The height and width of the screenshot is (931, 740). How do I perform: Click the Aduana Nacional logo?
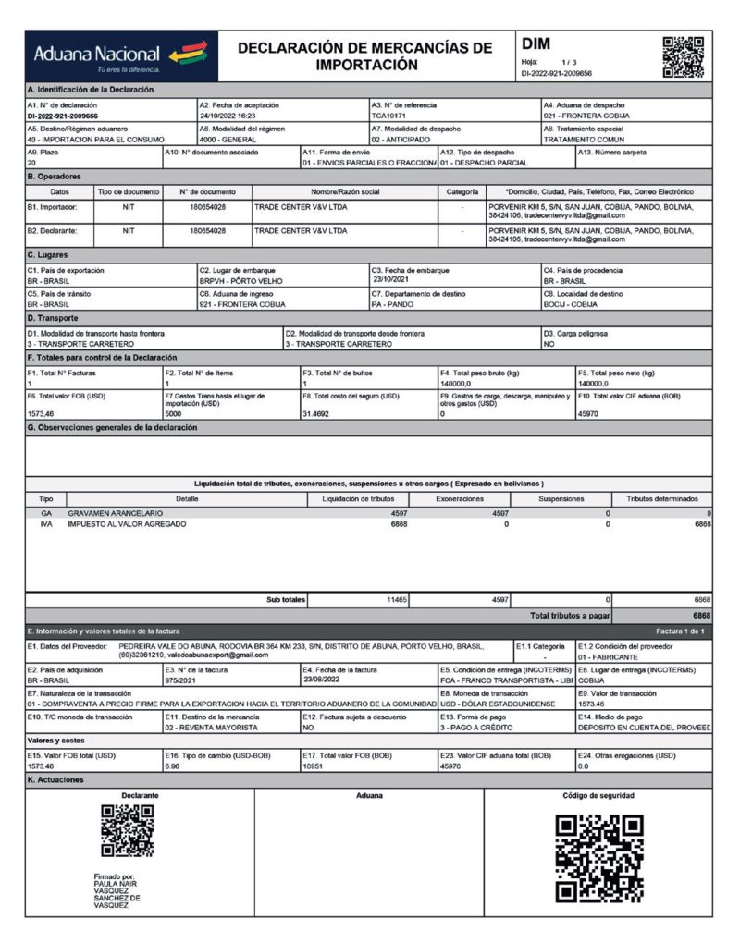121,56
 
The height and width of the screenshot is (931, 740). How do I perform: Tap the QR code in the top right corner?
683,56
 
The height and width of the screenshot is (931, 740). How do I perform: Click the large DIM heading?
536,43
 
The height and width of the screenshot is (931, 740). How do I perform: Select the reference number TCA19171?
390,116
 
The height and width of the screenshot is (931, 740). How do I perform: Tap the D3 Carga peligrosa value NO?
549,343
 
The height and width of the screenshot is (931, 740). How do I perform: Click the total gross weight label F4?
481,374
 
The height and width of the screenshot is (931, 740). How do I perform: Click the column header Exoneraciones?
460,498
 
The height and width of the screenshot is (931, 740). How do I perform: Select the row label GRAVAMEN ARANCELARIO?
115,512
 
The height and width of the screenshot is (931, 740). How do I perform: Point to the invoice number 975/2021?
183,679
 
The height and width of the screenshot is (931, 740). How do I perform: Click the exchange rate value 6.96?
173,766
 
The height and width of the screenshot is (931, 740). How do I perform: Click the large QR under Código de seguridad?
598,858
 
